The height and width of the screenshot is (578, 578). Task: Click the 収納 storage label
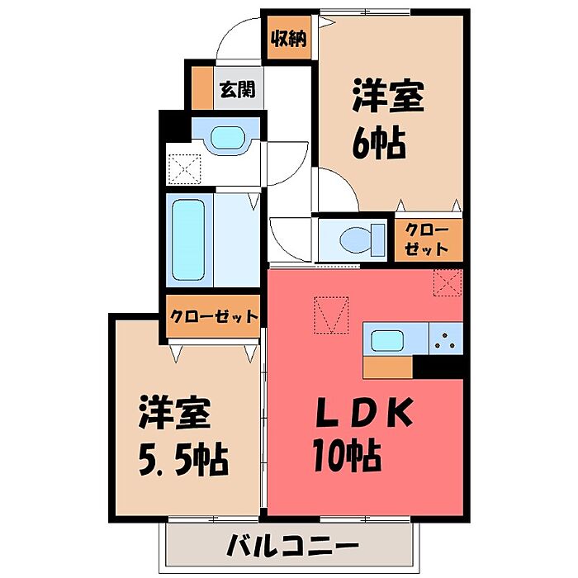pyautogui.click(x=289, y=38)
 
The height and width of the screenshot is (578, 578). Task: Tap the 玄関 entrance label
pyautogui.click(x=238, y=89)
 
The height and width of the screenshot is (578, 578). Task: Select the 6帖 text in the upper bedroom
pyautogui.click(x=379, y=144)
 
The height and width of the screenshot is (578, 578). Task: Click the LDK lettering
pyautogui.click(x=363, y=412)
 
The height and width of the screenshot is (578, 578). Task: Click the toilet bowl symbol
pyautogui.click(x=362, y=239)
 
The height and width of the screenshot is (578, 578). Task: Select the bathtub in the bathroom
pyautogui.click(x=188, y=240)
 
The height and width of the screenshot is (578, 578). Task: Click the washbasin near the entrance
pyautogui.click(x=227, y=138)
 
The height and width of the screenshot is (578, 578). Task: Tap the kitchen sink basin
pyautogui.click(x=387, y=340)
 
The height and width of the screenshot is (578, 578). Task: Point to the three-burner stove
pyautogui.click(x=446, y=339)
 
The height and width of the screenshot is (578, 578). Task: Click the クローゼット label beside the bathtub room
pyautogui.click(x=214, y=316)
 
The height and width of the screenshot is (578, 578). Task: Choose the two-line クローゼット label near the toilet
pyautogui.click(x=427, y=240)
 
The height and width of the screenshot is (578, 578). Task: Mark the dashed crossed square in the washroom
pyautogui.click(x=185, y=169)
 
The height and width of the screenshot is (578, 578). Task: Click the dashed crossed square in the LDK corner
pyautogui.click(x=448, y=282)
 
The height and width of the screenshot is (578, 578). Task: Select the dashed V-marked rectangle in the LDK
pyautogui.click(x=331, y=315)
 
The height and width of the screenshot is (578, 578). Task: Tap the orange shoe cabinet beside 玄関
pyautogui.click(x=202, y=88)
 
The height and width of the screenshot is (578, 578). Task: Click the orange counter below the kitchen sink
pyautogui.click(x=388, y=367)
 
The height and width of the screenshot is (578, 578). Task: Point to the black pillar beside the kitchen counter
pyautogui.click(x=438, y=367)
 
